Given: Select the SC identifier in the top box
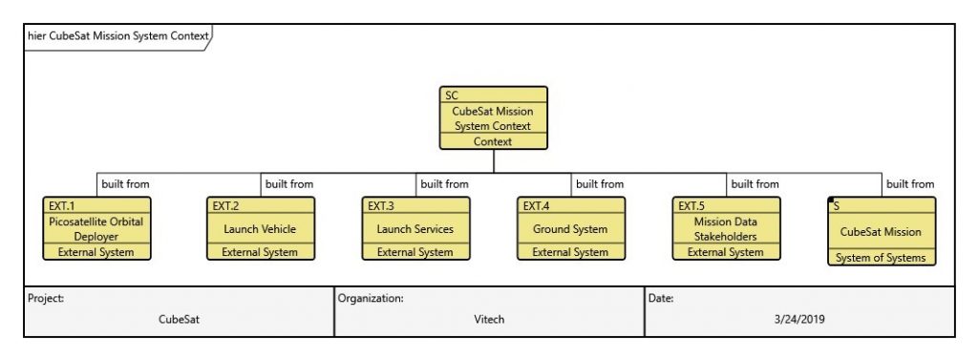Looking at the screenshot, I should pos(452,95).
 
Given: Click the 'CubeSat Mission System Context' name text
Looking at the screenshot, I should pos(493,118).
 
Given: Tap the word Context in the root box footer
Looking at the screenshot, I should pos(493,141).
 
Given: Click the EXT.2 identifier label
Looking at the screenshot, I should pos(224,205).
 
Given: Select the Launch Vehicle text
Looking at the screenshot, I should pos(260,229).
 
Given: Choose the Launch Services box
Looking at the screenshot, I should pos(415,229).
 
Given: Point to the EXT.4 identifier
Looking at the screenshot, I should pos(535,205).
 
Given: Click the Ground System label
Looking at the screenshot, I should pos(570,229).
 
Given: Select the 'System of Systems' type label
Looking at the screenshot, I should pos(881,257).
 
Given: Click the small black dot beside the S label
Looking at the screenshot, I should pos(832,201).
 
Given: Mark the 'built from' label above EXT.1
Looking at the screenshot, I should pos(125,184).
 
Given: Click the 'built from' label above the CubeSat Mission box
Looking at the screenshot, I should pos(909,184).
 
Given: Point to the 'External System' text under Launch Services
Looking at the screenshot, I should pos(415,252).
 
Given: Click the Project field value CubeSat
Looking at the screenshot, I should pos(179,320).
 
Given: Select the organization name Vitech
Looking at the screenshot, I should pos(489,320).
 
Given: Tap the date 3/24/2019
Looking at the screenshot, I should pos(799,320).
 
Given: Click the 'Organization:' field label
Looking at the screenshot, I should pos(371,298).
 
